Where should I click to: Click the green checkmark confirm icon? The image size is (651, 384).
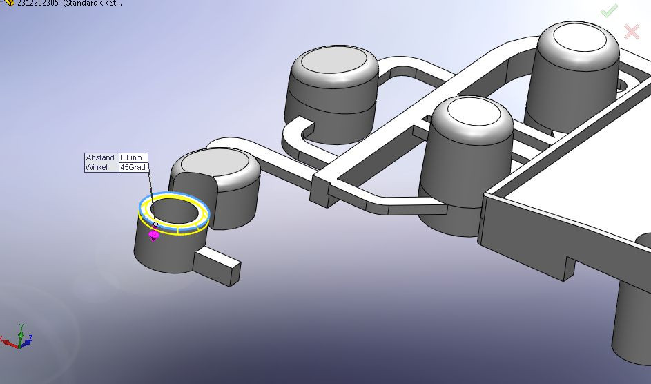pos(608,11)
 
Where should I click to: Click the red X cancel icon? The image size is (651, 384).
pos(631,31)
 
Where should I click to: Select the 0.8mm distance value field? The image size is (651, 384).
pos(133,157)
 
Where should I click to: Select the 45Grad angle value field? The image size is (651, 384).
pos(133,167)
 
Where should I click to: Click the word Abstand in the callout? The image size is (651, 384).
pos(101,157)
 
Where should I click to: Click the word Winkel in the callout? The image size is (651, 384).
pos(98,167)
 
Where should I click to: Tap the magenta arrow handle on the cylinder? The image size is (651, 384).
pos(154,236)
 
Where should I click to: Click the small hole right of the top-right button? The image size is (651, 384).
pos(623,86)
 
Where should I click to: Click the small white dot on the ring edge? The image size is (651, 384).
pos(155,224)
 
